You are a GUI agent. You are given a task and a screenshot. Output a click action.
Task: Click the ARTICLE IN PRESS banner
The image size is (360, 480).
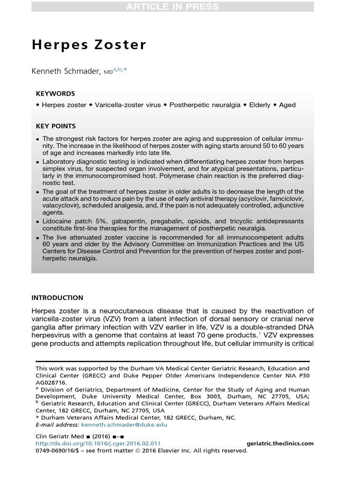point(172,7)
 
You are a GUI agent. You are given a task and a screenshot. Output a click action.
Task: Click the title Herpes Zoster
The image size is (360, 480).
point(89,45)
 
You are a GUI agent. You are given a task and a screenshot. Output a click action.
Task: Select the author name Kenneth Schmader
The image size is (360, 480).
point(66,71)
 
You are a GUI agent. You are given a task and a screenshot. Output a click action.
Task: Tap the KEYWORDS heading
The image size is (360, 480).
point(55,93)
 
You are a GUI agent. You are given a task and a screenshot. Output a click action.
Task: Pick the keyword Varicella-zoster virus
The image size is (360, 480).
point(127,105)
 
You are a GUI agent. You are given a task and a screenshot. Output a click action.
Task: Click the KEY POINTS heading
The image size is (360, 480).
point(56,126)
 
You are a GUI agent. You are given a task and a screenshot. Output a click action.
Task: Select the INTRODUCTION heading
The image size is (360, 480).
point(57,298)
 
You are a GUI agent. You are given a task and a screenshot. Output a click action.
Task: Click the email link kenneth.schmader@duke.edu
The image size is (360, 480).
point(124,425)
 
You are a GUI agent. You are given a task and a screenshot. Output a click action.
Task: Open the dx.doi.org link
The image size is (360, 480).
point(98,443)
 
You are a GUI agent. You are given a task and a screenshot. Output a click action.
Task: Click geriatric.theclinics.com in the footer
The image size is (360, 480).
point(280,443)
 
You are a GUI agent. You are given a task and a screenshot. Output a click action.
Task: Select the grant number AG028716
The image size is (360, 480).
point(51,382)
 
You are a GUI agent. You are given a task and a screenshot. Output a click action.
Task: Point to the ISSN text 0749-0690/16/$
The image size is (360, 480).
point(59,450)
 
